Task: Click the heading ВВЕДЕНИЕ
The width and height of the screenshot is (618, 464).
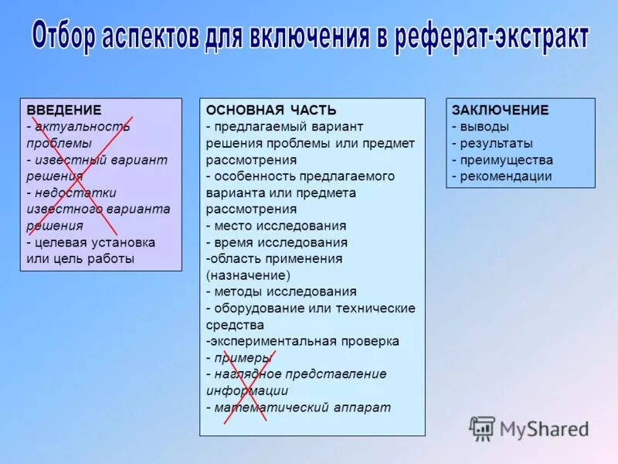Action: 64,110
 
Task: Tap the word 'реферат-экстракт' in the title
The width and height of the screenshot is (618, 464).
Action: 492,38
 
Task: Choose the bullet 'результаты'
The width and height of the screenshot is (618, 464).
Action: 495,143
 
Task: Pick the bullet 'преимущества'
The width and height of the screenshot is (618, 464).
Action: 505,160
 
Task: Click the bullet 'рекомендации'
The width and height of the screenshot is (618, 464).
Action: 505,176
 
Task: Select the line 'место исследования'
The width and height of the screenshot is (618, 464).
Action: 279,226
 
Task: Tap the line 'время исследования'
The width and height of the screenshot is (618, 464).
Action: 280,242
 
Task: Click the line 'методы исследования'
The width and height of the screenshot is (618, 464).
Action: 284,292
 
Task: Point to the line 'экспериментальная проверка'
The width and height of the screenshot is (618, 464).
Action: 304,341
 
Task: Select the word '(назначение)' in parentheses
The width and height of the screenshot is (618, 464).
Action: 248,275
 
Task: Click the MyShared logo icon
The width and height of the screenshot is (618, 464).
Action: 483,428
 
